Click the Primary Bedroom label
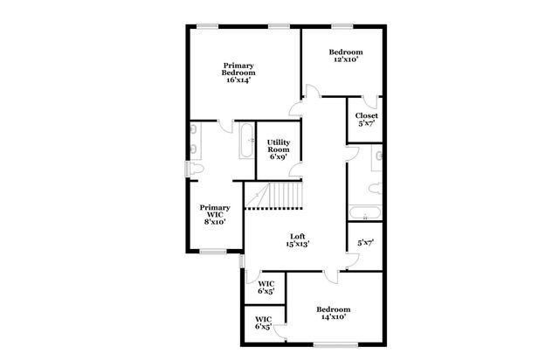(238, 72)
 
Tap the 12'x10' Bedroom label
(346, 57)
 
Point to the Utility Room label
(279, 149)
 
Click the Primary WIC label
(215, 215)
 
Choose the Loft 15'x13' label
(298, 240)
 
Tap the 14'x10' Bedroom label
(334, 314)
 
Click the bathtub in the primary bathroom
(246, 141)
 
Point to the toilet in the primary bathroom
(197, 169)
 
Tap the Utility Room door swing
(297, 170)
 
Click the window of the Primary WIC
(213, 252)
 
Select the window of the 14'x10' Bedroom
(331, 344)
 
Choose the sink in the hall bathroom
(377, 157)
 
